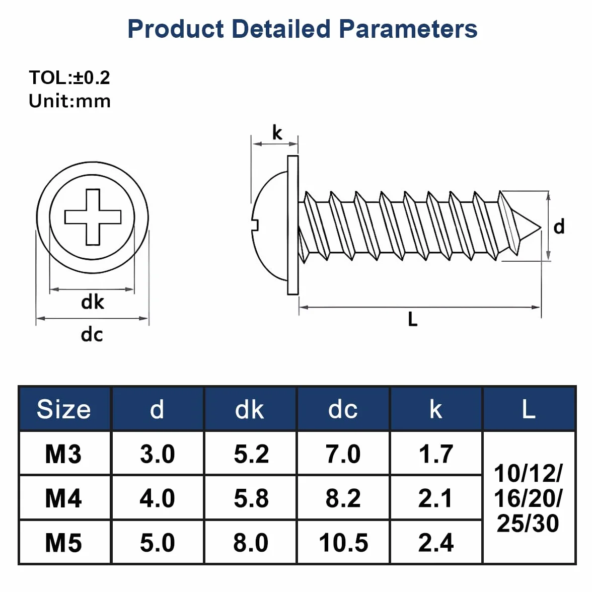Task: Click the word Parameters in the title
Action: pos(408,29)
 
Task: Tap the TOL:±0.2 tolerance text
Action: pos(69,78)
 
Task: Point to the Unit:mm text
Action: pos(69,101)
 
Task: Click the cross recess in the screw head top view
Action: pos(93,217)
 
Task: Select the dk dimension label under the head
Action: pos(93,302)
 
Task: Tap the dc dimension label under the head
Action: pos(92,334)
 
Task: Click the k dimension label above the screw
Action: pos(277,132)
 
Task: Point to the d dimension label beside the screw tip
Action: pos(559,227)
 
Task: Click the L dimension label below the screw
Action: pos(413,319)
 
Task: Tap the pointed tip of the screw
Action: pos(541,227)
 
